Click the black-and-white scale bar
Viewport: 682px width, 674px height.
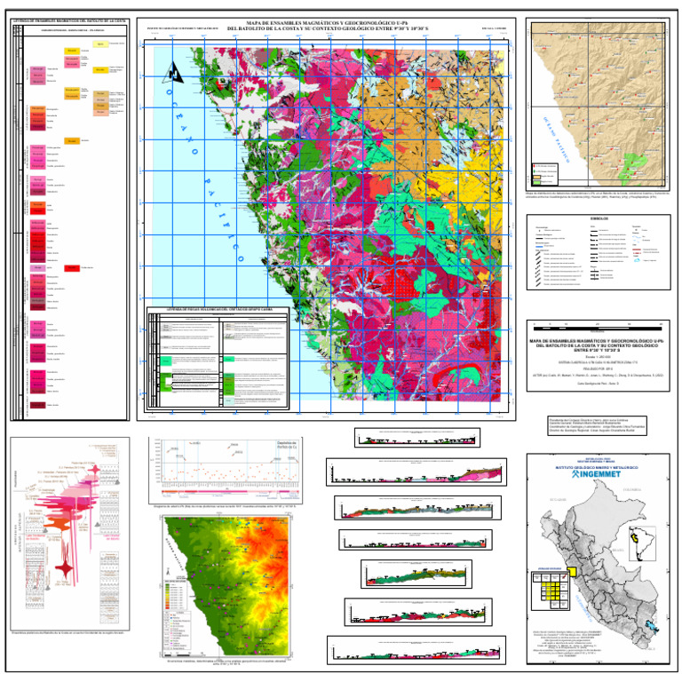(x=596, y=328)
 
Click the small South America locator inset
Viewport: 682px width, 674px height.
(x=636, y=538)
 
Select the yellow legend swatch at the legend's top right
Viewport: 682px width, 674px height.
(x=100, y=44)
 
